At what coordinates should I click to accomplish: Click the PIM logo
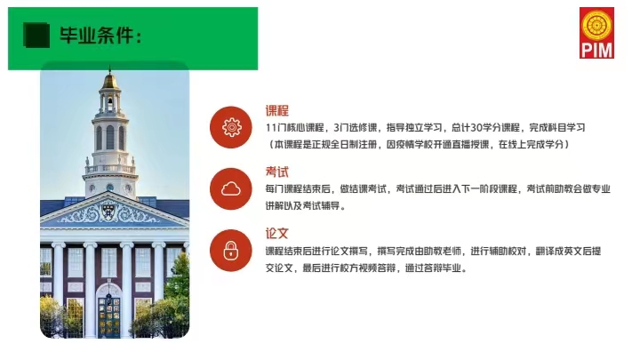pos(596,33)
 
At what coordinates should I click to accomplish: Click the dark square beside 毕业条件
pos(36,35)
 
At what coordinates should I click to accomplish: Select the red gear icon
pos(231,127)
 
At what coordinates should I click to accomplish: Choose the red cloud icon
pos(231,189)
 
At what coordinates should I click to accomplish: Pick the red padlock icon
pos(231,251)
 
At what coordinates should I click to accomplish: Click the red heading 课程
pos(277,110)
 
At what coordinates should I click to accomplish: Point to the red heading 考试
pos(277,172)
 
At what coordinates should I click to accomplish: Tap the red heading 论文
pos(277,234)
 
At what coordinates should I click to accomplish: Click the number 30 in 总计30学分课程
pos(476,128)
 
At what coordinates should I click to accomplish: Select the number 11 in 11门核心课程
pos(271,128)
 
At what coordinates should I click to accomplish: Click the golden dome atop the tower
pos(109,80)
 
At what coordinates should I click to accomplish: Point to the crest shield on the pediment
pos(108,211)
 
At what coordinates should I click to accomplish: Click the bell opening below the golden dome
pos(110,103)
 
